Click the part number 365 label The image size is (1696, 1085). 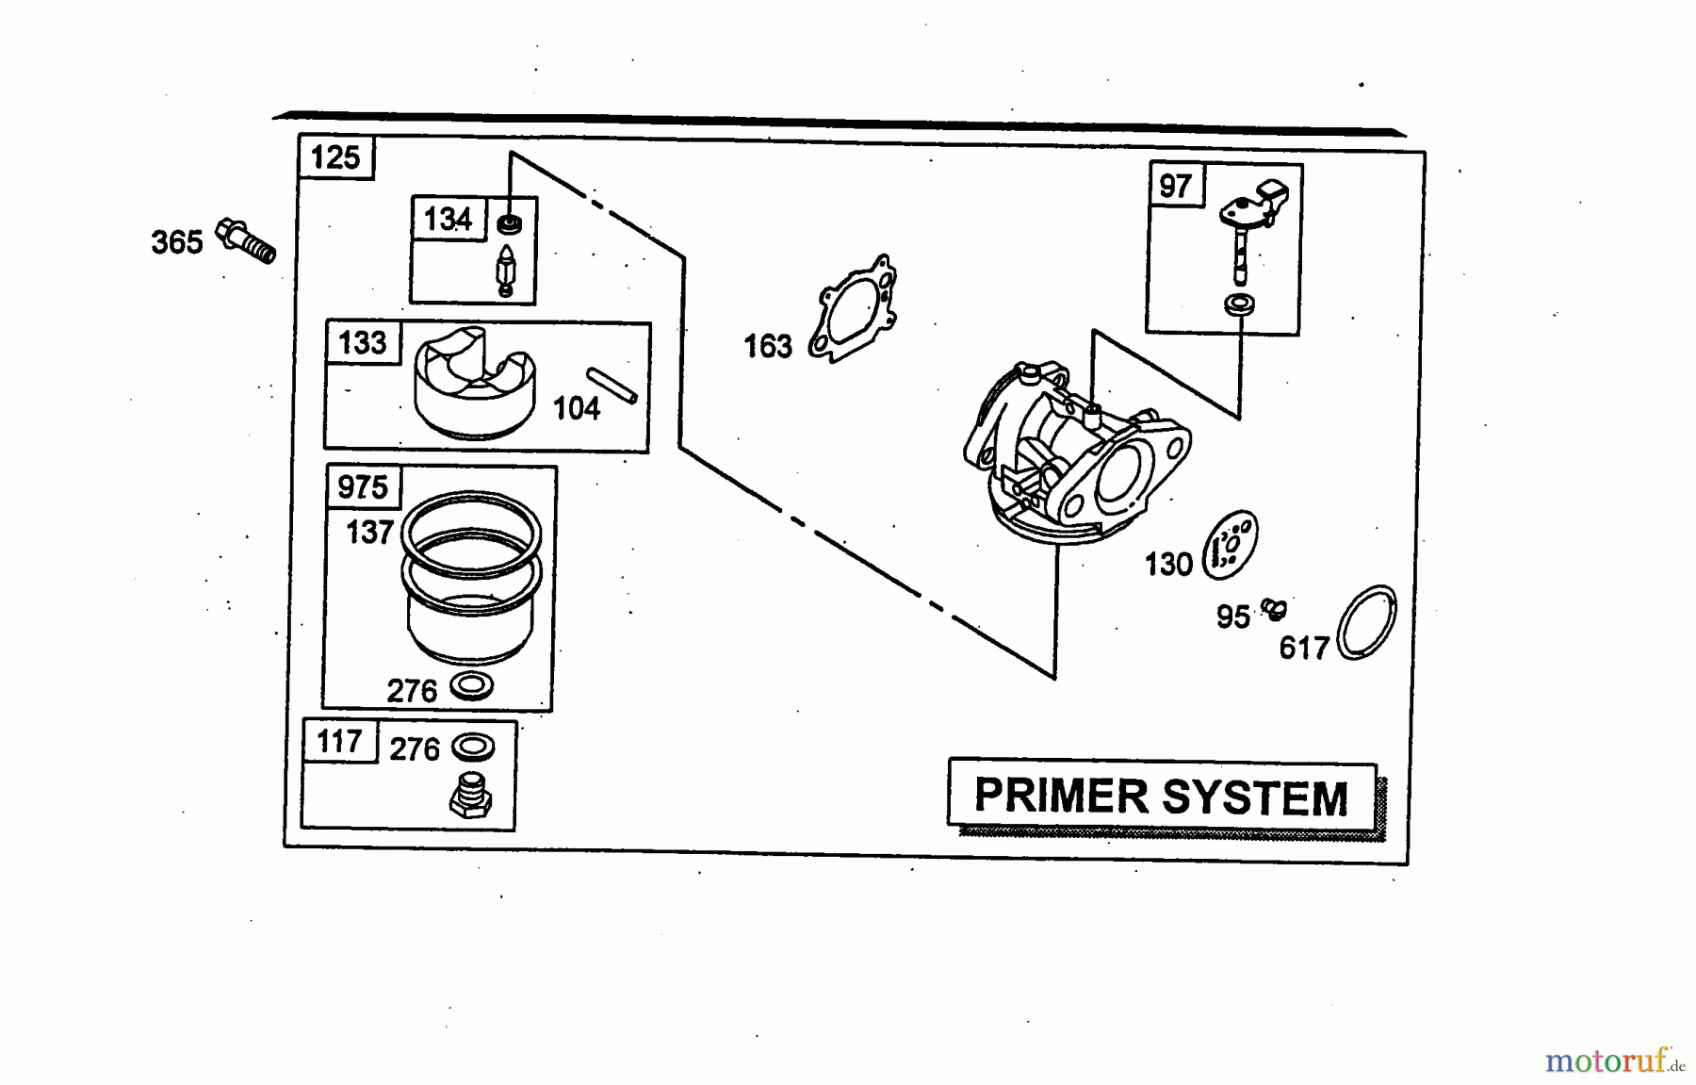176,242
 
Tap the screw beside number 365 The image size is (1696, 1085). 247,240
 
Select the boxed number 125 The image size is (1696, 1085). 335,156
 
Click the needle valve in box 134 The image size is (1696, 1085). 506,270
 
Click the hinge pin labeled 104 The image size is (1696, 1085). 612,386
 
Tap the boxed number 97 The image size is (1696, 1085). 1175,186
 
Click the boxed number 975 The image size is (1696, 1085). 362,487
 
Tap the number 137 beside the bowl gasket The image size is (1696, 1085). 368,533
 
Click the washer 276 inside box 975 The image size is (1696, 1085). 472,685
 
